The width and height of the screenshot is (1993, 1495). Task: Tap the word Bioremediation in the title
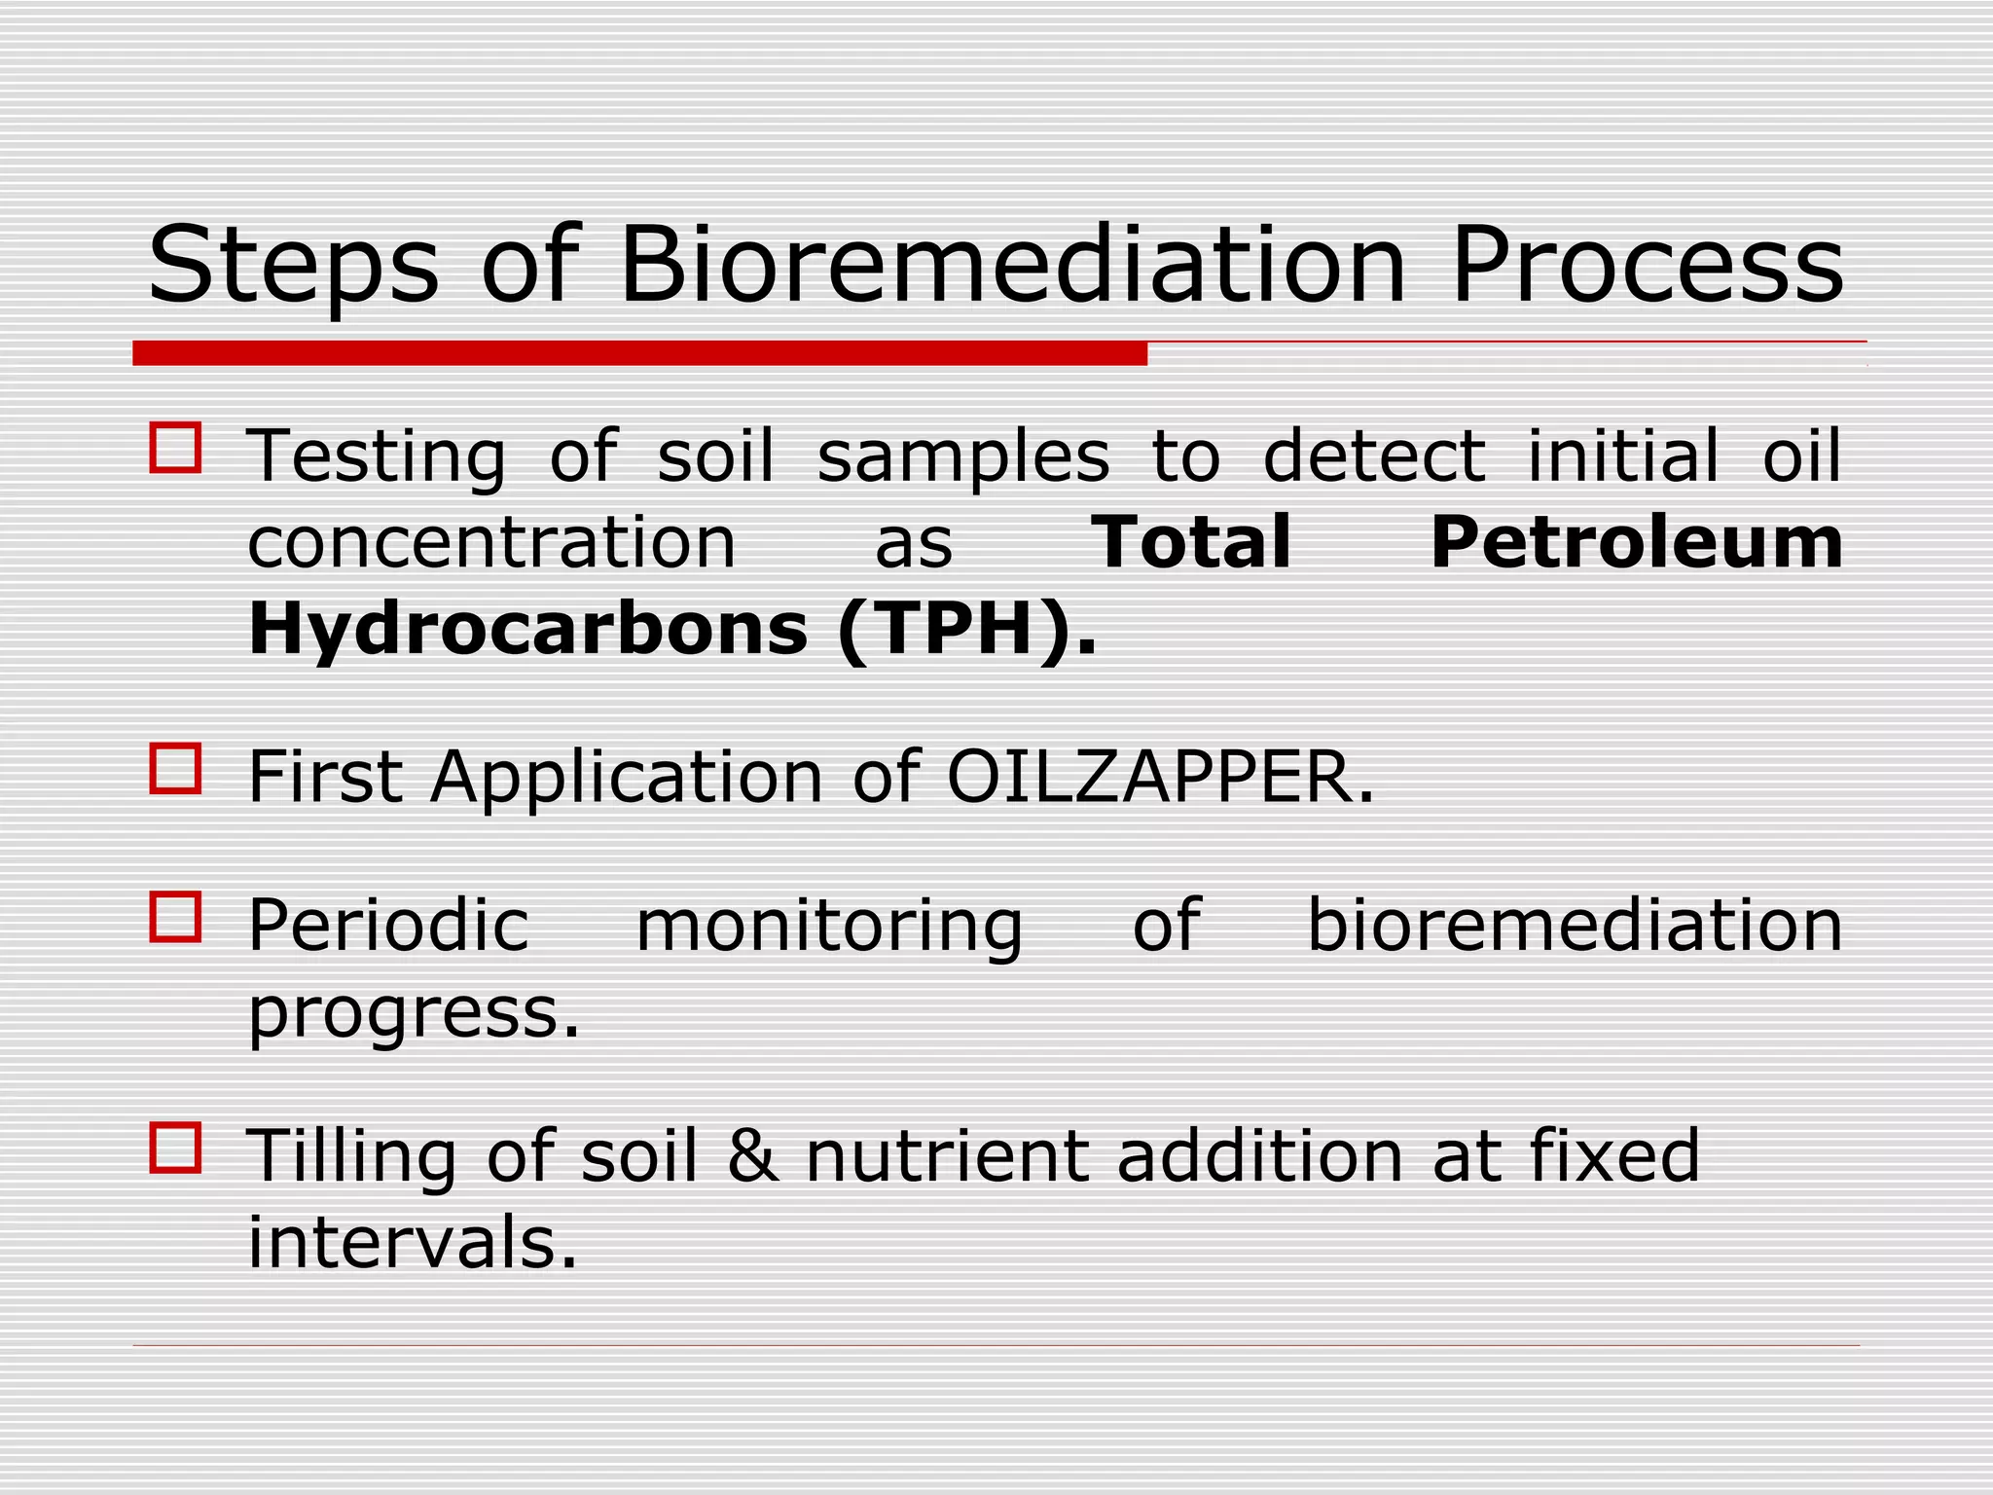point(1012,265)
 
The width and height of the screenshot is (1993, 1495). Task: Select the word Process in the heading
point(1647,265)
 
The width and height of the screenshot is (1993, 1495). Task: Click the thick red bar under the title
point(639,353)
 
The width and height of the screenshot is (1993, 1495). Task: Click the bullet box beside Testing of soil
point(176,448)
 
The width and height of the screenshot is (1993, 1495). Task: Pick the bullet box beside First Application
point(176,768)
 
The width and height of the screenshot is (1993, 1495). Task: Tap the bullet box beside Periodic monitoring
point(176,917)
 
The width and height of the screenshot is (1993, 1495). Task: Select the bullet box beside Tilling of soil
point(176,1149)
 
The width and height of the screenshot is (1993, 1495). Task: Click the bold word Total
point(1191,542)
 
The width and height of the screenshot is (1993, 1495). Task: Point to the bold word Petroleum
point(1636,542)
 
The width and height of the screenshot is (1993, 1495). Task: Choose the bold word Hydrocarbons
point(528,629)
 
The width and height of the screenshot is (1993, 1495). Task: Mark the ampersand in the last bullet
point(753,1155)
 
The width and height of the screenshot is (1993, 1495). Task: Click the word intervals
point(412,1243)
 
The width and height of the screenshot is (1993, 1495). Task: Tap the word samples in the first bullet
point(963,458)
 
